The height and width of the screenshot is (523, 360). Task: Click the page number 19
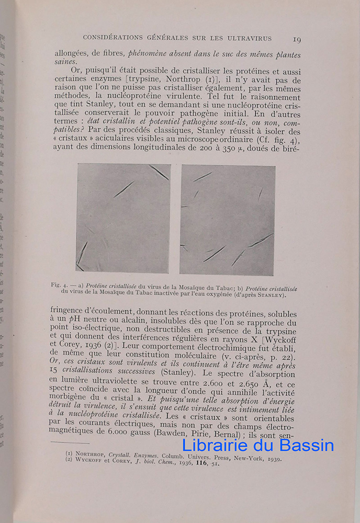point(296,39)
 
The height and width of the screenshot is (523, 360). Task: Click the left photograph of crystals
point(123,218)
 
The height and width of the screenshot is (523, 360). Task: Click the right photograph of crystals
point(228,220)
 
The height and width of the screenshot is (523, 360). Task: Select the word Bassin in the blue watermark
point(310,445)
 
